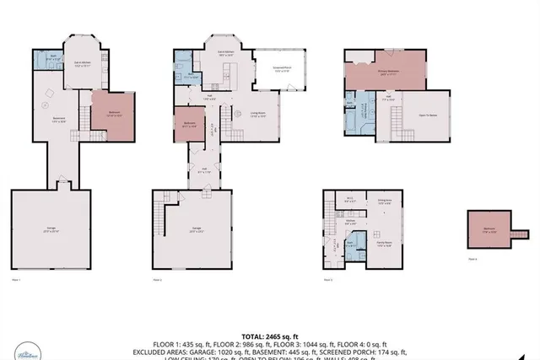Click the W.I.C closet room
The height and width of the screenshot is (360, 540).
[349, 201]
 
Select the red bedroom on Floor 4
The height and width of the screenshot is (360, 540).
[489, 228]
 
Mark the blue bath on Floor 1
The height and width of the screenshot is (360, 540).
[53, 59]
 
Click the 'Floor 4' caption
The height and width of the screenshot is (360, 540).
[472, 260]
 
